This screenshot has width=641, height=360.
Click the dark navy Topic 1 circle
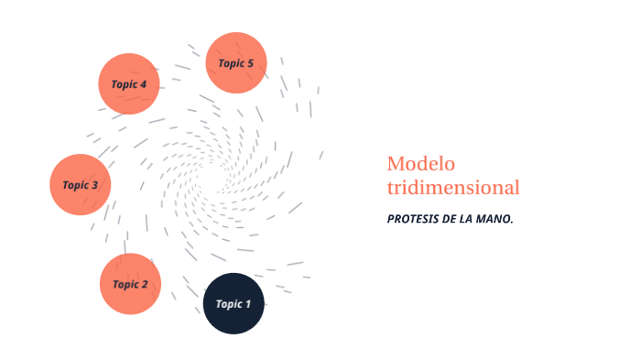[234, 303]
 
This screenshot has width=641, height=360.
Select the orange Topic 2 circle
[130, 284]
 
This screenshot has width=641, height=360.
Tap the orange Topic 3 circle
[81, 185]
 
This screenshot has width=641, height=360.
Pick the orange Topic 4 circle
[129, 84]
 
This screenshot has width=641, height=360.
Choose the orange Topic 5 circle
[235, 63]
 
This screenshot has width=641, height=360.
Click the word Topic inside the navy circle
[228, 304]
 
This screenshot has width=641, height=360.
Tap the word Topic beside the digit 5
[230, 63]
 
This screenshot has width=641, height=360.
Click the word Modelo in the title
[420, 164]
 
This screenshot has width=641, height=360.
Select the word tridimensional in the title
[453, 188]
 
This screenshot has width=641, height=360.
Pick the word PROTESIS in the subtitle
[413, 220]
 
